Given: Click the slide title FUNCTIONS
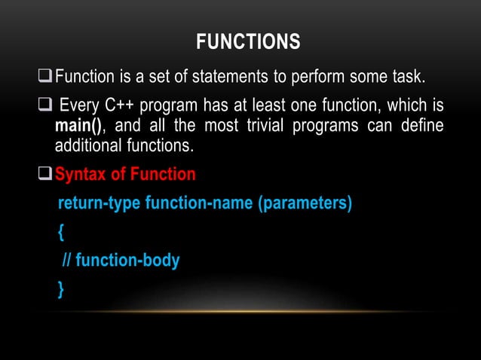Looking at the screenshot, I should pos(247,42).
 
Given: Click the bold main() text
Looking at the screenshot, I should pos(78,124).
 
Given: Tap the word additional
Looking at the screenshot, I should pos(89,144).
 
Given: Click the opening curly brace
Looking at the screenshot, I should pos(60,233).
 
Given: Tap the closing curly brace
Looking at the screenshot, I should pos(60,289).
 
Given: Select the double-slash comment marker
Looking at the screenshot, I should pos(66,261).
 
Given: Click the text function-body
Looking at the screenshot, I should pos(127,261).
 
